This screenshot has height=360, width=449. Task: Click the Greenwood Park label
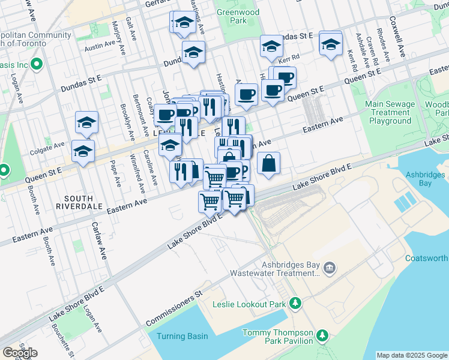(238, 16)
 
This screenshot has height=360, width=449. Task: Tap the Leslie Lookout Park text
(249, 304)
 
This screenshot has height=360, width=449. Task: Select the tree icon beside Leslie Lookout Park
(295, 304)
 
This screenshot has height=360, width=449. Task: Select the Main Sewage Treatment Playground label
(390, 112)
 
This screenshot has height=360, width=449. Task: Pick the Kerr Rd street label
(288, 56)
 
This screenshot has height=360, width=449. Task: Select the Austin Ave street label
(100, 44)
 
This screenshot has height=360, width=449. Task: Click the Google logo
(20, 353)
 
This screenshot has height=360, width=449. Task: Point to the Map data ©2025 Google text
(412, 355)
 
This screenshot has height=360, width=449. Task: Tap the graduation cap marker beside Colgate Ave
(83, 152)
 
